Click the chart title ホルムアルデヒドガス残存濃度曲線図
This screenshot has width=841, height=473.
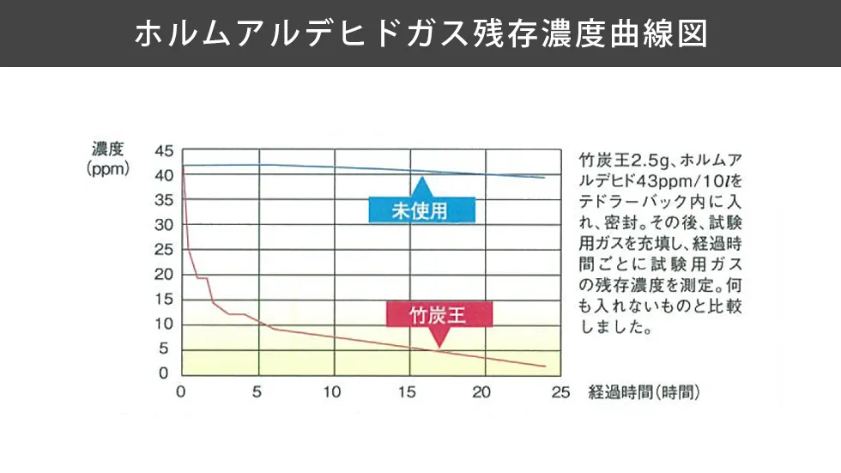click(x=420, y=33)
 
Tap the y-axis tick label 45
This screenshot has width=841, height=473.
click(x=164, y=151)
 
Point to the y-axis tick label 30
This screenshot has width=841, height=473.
click(x=164, y=226)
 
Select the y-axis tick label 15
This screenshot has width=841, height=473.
click(x=164, y=300)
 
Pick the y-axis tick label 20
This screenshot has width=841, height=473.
click(x=164, y=275)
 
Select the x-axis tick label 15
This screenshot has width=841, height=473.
click(x=408, y=392)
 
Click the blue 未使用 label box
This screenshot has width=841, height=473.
click(x=420, y=210)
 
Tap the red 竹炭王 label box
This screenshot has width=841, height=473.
click(x=439, y=314)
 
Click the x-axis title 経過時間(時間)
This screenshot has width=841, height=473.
click(x=644, y=392)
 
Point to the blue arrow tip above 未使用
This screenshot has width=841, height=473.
click(x=420, y=179)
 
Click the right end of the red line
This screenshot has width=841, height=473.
click(x=545, y=367)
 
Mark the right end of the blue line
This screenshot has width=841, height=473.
click(x=545, y=178)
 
